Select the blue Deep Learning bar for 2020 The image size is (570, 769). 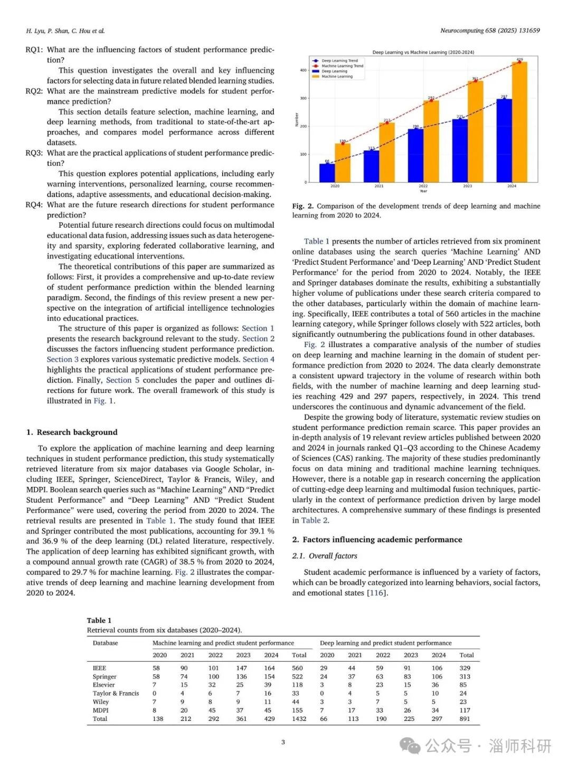coord(327,173)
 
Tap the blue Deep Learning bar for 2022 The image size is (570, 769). coord(415,155)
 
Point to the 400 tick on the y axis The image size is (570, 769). coord(303,70)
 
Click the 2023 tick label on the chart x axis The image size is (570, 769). coord(468,186)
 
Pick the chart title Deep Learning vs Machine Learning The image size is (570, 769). coord(423,52)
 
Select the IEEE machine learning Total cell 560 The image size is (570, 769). coord(297,668)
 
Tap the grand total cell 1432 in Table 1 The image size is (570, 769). coord(299,719)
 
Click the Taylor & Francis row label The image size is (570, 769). coord(116,693)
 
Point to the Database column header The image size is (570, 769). coord(105,643)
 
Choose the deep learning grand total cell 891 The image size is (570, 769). coord(464,719)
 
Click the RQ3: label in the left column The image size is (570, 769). coord(34,153)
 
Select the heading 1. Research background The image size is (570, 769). coord(72,432)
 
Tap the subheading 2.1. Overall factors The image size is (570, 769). coord(325,556)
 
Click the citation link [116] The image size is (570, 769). coord(377,593)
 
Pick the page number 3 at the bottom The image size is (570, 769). coord(283,742)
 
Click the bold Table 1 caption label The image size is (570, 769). coord(99,620)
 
